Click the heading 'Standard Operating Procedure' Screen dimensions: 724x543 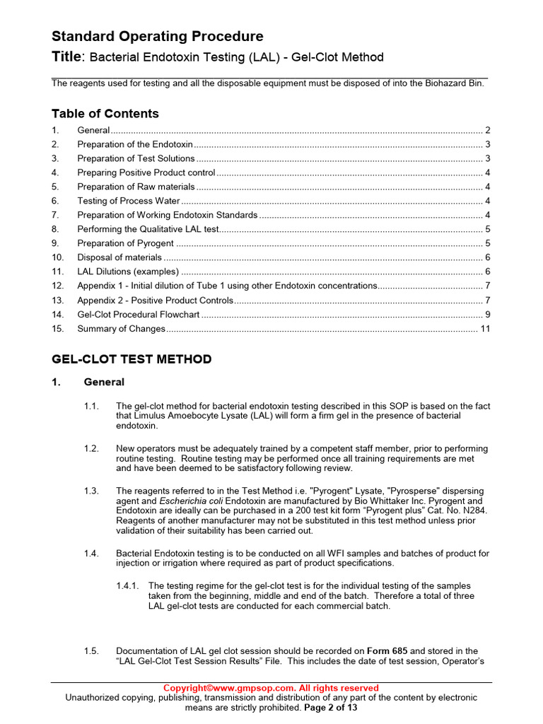pos(157,37)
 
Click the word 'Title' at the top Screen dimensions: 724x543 pos(68,57)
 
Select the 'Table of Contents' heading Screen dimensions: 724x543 pos(105,114)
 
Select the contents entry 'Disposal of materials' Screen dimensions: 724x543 pos(119,257)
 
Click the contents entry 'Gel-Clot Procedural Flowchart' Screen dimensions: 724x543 pos(139,314)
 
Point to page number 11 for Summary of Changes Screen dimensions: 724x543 pos(485,329)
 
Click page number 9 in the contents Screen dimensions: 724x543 pos(488,314)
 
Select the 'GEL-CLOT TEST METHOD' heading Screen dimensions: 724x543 pos(132,359)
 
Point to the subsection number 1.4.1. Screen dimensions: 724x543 pos(128,586)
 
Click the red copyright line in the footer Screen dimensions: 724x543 pos(271,688)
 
